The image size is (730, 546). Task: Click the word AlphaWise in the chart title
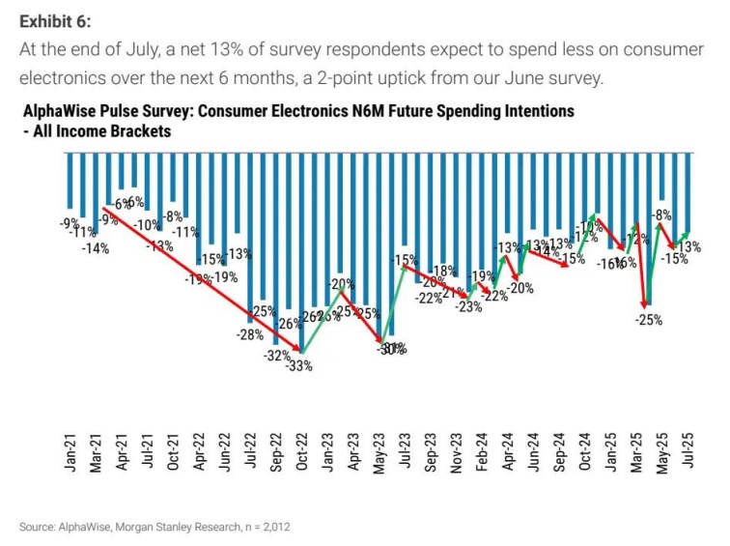coord(59,112)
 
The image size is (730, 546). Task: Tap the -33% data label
coord(301,364)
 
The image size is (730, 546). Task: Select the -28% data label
coord(250,334)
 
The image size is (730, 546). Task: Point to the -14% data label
coord(96,248)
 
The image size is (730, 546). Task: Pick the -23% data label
coord(469,307)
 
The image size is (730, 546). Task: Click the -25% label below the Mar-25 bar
coord(649,320)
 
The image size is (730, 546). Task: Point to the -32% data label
coord(277,356)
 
